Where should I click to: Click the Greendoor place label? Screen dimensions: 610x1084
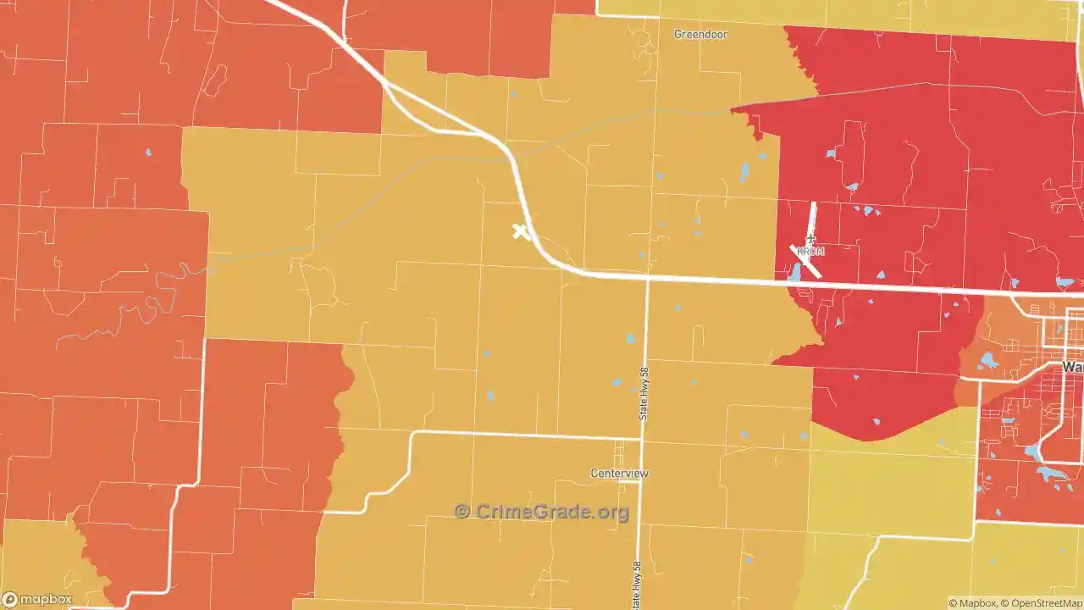(700, 35)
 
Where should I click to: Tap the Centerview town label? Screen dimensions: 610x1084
(619, 473)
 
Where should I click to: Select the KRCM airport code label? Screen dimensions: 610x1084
(810, 252)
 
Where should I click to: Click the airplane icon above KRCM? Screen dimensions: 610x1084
(810, 239)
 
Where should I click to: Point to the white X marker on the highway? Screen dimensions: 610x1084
(521, 231)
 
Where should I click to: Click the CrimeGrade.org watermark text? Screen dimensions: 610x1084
(552, 512)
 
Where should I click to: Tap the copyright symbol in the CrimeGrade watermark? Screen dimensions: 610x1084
(462, 512)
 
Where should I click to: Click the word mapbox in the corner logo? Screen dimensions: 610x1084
(46, 600)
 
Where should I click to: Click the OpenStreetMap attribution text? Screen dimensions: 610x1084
(1043, 603)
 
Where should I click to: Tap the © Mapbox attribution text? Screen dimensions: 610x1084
(972, 603)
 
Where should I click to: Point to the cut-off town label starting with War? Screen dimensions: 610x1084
(1073, 367)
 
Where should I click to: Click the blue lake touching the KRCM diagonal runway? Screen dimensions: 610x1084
(795, 272)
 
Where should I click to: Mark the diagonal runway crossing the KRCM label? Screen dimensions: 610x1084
(805, 261)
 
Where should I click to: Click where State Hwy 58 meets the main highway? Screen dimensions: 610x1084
(647, 277)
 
